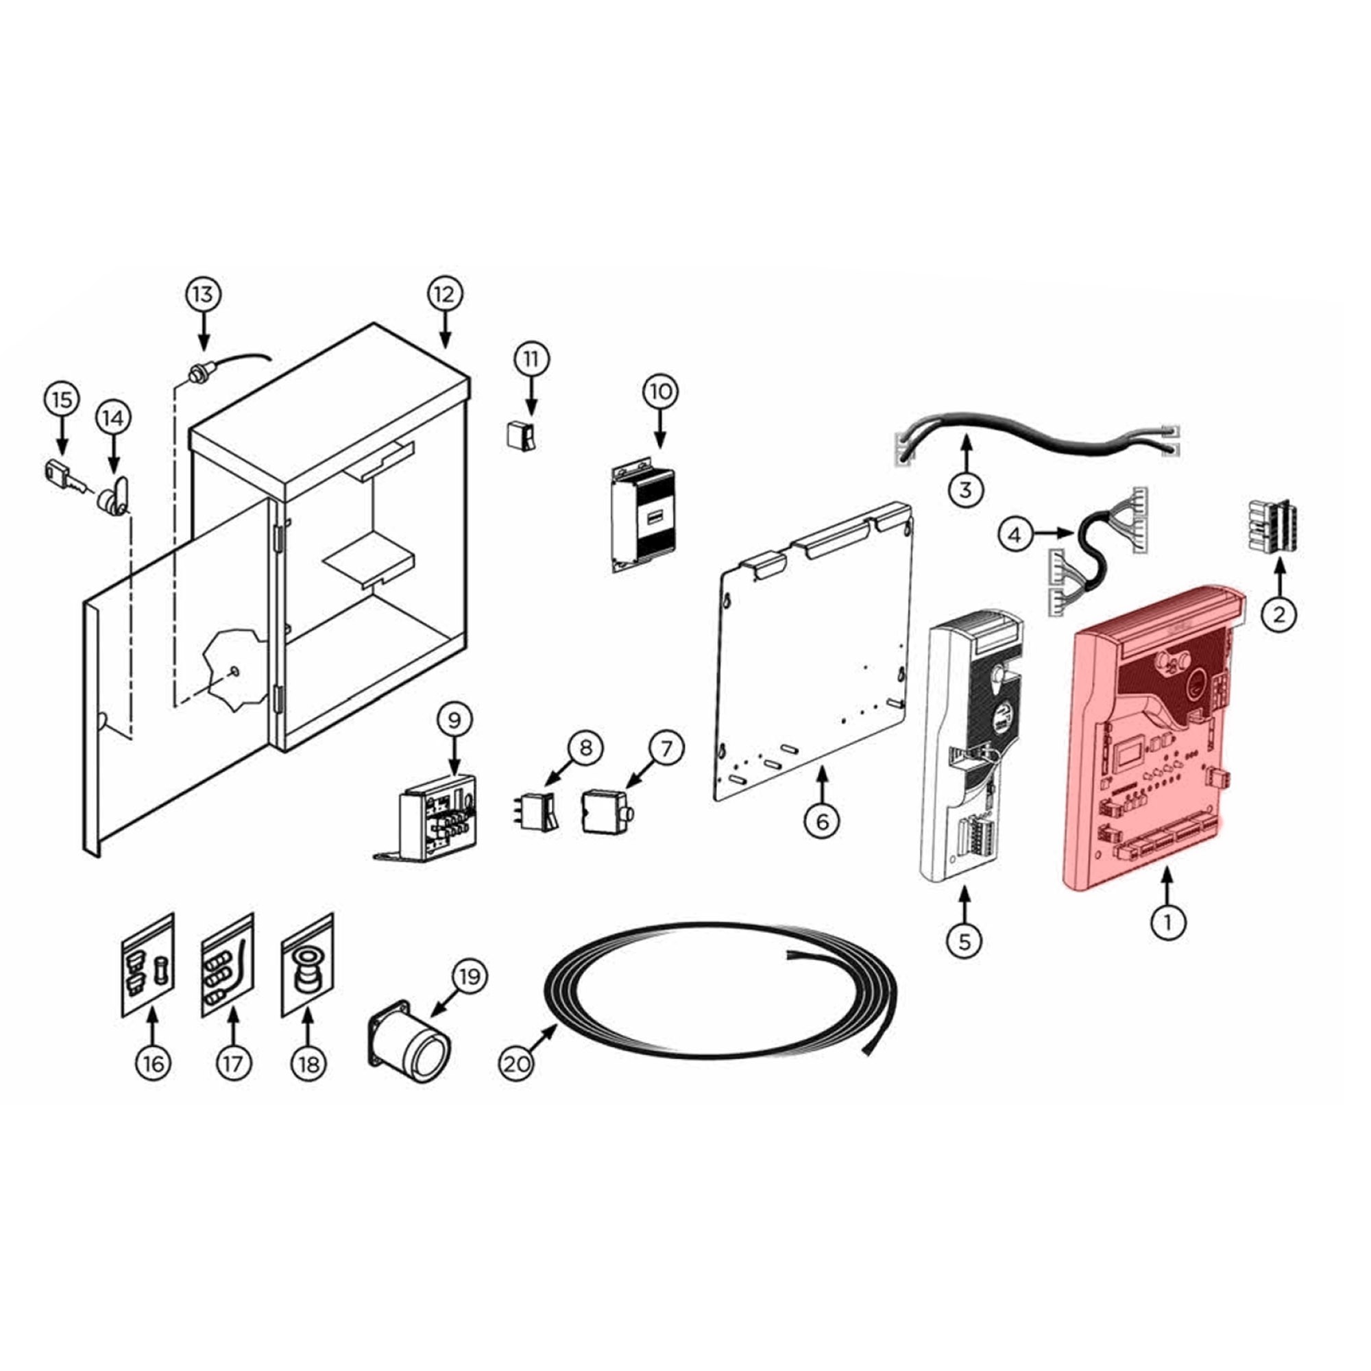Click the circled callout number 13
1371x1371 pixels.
pos(203,295)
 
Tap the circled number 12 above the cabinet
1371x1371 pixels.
pos(445,295)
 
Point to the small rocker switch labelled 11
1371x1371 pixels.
pos(520,435)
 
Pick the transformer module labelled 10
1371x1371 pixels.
pos(643,518)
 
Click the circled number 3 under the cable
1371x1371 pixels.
pos(965,489)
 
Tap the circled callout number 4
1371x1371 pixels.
pos(1015,535)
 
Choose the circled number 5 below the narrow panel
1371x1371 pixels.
pos(964,941)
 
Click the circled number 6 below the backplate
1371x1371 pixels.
pos(823,822)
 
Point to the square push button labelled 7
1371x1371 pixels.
pos(605,811)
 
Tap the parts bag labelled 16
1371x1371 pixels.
pos(147,965)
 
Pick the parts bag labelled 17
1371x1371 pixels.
pos(227,965)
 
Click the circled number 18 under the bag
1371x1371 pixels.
pos(308,1065)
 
